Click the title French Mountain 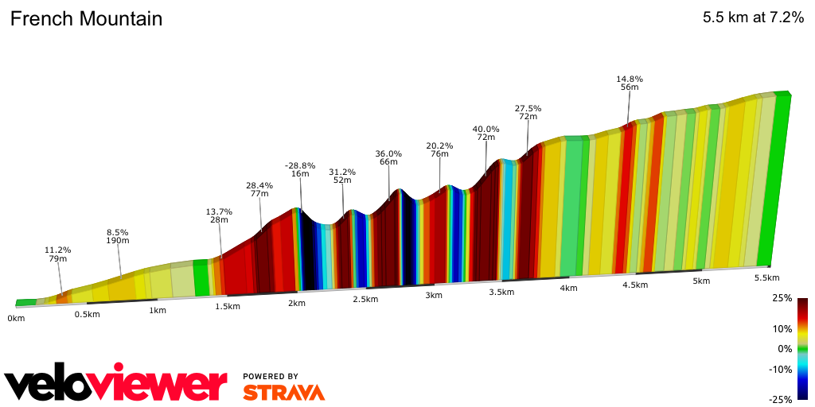coord(86,19)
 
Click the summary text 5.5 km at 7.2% coord(753,19)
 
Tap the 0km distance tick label coord(16,318)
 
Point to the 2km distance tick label coord(297,304)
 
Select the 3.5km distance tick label coord(501,293)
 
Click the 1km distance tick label coord(158,310)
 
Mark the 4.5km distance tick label coord(634,285)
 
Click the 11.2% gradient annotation coord(57,250)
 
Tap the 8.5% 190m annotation coord(117,236)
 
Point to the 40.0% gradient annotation coord(485,129)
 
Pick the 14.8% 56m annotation coord(630,83)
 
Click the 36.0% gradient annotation coord(388,153)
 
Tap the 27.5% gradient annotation coord(528,108)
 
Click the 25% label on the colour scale coord(782,299)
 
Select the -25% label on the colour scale coord(780,400)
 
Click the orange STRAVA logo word coord(283,393)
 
